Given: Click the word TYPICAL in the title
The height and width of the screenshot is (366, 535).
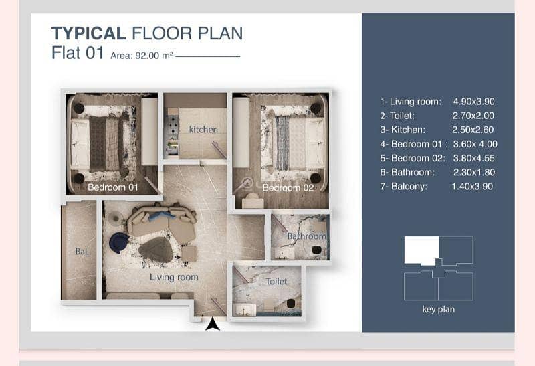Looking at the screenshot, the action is (89, 33).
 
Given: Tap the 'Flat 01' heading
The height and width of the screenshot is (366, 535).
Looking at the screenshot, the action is (78, 53).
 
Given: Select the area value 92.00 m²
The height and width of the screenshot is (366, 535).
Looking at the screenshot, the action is (154, 56).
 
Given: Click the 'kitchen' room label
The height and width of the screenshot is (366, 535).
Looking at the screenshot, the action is (203, 130).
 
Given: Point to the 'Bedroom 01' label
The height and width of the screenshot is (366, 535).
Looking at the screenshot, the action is (113, 187).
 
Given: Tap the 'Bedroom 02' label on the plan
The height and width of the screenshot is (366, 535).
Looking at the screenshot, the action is (288, 187).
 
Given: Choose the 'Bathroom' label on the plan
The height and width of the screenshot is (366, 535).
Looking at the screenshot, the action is (306, 236).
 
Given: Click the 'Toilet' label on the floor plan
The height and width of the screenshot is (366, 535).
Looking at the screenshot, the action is (276, 281).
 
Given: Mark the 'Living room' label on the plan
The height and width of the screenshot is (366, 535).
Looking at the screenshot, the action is (174, 277).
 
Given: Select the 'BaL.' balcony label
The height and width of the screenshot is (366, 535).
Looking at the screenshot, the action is (83, 252).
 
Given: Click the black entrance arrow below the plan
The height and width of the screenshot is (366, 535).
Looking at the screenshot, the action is (213, 324).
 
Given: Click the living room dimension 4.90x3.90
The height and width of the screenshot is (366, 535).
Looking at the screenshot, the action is (474, 102).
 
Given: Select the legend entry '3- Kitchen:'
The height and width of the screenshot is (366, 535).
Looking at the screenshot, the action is (403, 130).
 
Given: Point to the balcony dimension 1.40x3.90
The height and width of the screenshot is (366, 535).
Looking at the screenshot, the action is (472, 187).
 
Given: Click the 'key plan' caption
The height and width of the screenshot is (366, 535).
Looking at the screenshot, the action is (439, 310).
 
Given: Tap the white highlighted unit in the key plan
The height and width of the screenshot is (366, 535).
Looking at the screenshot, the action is (422, 250).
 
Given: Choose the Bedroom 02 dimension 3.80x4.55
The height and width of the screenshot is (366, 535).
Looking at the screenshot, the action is (474, 158).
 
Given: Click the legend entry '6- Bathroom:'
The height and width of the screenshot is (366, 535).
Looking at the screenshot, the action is (408, 172).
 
